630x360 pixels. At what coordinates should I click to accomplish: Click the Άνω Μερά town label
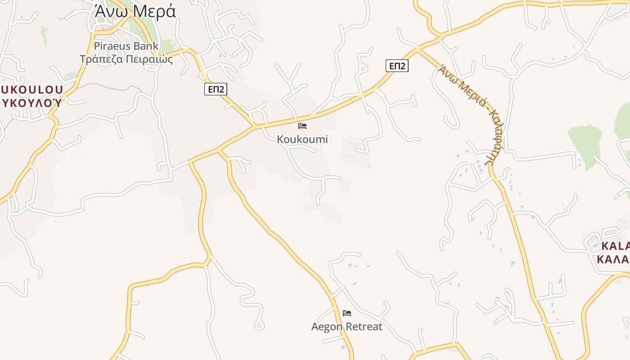(x=135, y=12)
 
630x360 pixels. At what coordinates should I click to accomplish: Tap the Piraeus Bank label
(x=126, y=46)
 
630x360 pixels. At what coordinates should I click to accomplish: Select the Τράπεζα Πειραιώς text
(x=126, y=59)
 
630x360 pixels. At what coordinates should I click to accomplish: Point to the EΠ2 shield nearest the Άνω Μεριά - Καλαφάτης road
(x=397, y=66)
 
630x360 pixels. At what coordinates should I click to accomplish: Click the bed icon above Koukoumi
(x=302, y=126)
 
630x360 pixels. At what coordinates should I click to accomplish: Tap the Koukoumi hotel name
(x=302, y=139)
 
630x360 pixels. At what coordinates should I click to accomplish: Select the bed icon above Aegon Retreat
(x=347, y=313)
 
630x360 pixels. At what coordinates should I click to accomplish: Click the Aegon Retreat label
(x=347, y=327)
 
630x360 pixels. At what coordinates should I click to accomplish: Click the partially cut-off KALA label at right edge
(x=615, y=246)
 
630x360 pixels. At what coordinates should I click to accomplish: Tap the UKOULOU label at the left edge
(x=31, y=90)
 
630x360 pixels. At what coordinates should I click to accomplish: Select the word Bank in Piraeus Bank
(x=145, y=46)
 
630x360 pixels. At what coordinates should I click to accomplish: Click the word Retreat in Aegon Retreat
(x=363, y=327)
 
